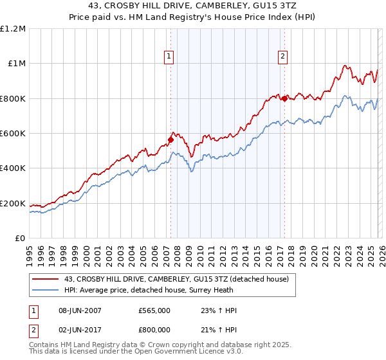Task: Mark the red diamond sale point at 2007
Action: click(x=171, y=139)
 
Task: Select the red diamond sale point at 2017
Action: click(x=284, y=98)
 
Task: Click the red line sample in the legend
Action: click(x=46, y=279)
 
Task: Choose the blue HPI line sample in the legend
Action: click(x=46, y=290)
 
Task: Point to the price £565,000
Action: click(x=154, y=310)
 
